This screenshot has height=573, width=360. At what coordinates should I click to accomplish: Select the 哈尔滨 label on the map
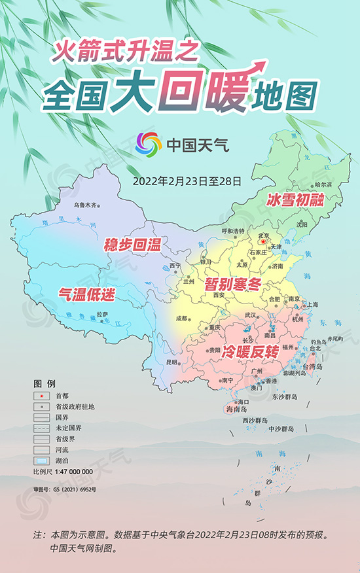click(323, 185)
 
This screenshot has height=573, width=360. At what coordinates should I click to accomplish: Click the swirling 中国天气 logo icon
click(148, 145)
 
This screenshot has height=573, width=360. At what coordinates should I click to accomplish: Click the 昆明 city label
click(171, 361)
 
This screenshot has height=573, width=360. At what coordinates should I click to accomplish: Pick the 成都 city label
click(181, 319)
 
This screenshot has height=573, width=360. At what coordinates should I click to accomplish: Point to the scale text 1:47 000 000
click(72, 471)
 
